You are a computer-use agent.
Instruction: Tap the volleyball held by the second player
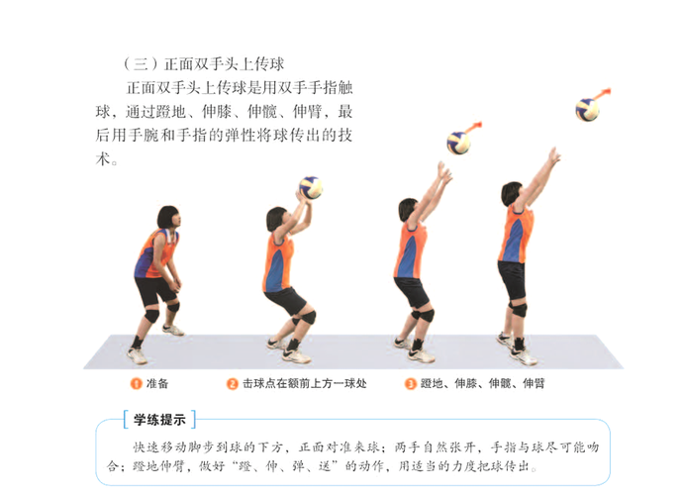[x=311, y=186]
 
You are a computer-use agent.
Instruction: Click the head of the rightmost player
[x=512, y=193]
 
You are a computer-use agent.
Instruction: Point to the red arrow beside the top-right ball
[x=603, y=94]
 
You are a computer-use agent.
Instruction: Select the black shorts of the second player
[x=284, y=299]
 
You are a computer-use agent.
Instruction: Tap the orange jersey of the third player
[x=409, y=250]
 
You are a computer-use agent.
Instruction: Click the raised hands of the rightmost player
[x=553, y=155]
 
